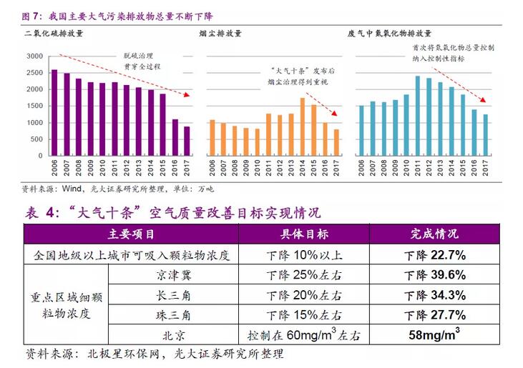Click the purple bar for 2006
click(54, 113)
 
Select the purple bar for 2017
click(187, 141)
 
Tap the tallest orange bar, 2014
click(302, 126)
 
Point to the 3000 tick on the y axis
click(34, 56)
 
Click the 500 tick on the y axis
click(36, 139)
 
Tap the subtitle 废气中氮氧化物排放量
click(389, 34)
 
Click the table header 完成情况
click(434, 234)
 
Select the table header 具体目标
click(304, 234)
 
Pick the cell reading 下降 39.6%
click(434, 275)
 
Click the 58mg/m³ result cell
click(434, 334)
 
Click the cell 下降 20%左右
click(304, 295)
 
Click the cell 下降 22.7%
click(434, 255)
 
